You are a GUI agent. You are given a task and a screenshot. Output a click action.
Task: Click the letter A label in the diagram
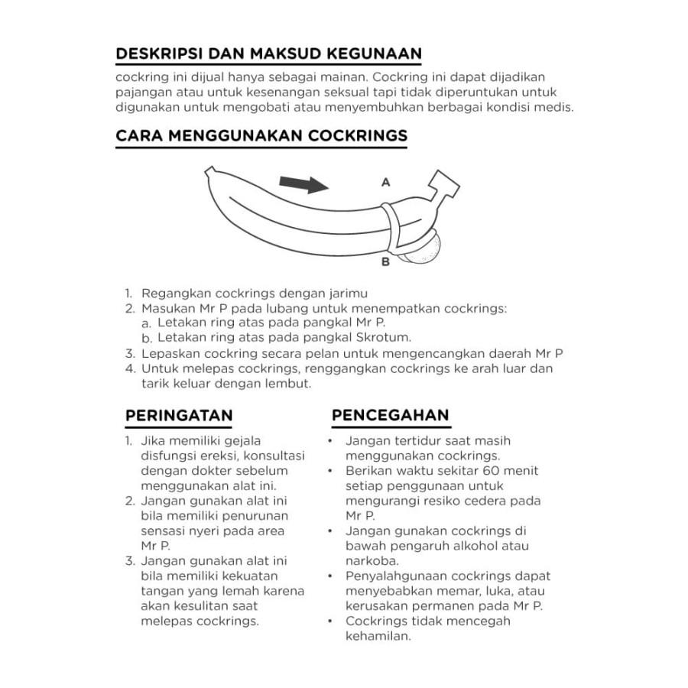click(386, 183)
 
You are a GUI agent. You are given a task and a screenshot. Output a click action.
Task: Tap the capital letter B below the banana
click(385, 262)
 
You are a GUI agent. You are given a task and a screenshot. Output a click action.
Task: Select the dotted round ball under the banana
click(424, 250)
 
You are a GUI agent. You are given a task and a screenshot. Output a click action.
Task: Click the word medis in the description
click(554, 107)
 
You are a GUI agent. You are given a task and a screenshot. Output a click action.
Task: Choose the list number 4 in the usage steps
click(130, 368)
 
